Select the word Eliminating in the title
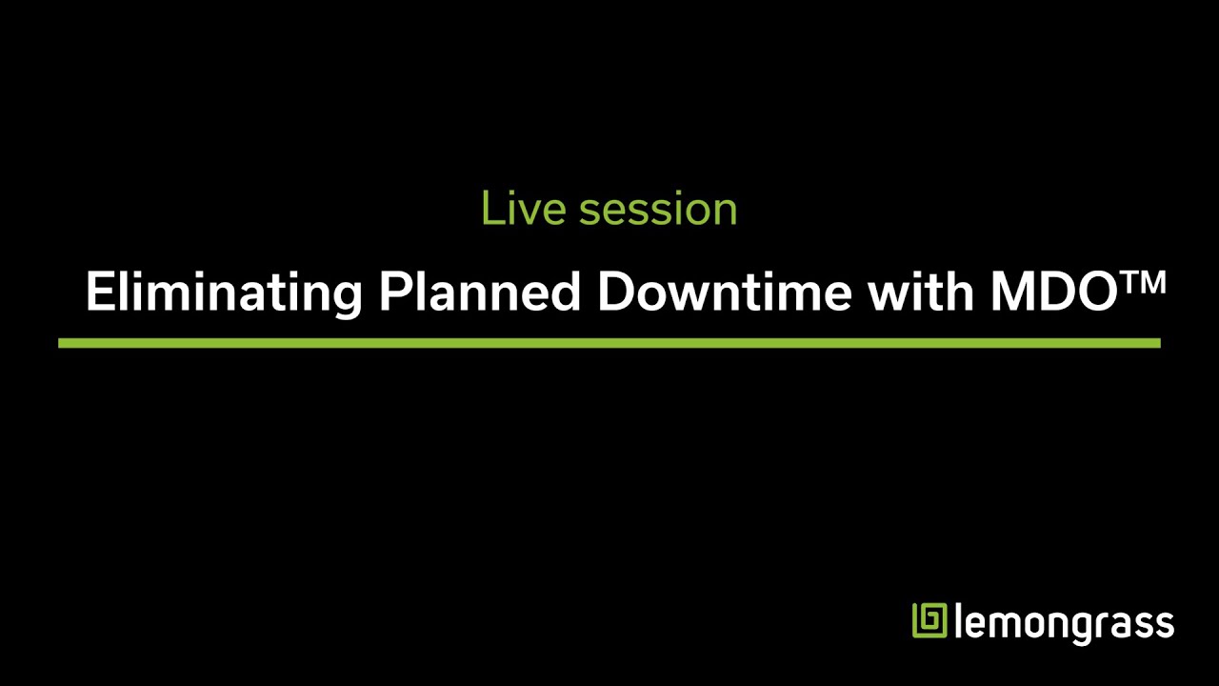(223, 292)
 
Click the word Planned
(479, 292)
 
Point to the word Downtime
(724, 292)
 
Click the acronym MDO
(1051, 292)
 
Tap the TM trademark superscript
(1141, 283)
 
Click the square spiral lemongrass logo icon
(930, 621)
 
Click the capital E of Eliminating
(98, 292)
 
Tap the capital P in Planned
(394, 292)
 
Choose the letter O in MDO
(1093, 292)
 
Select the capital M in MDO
(1010, 292)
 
